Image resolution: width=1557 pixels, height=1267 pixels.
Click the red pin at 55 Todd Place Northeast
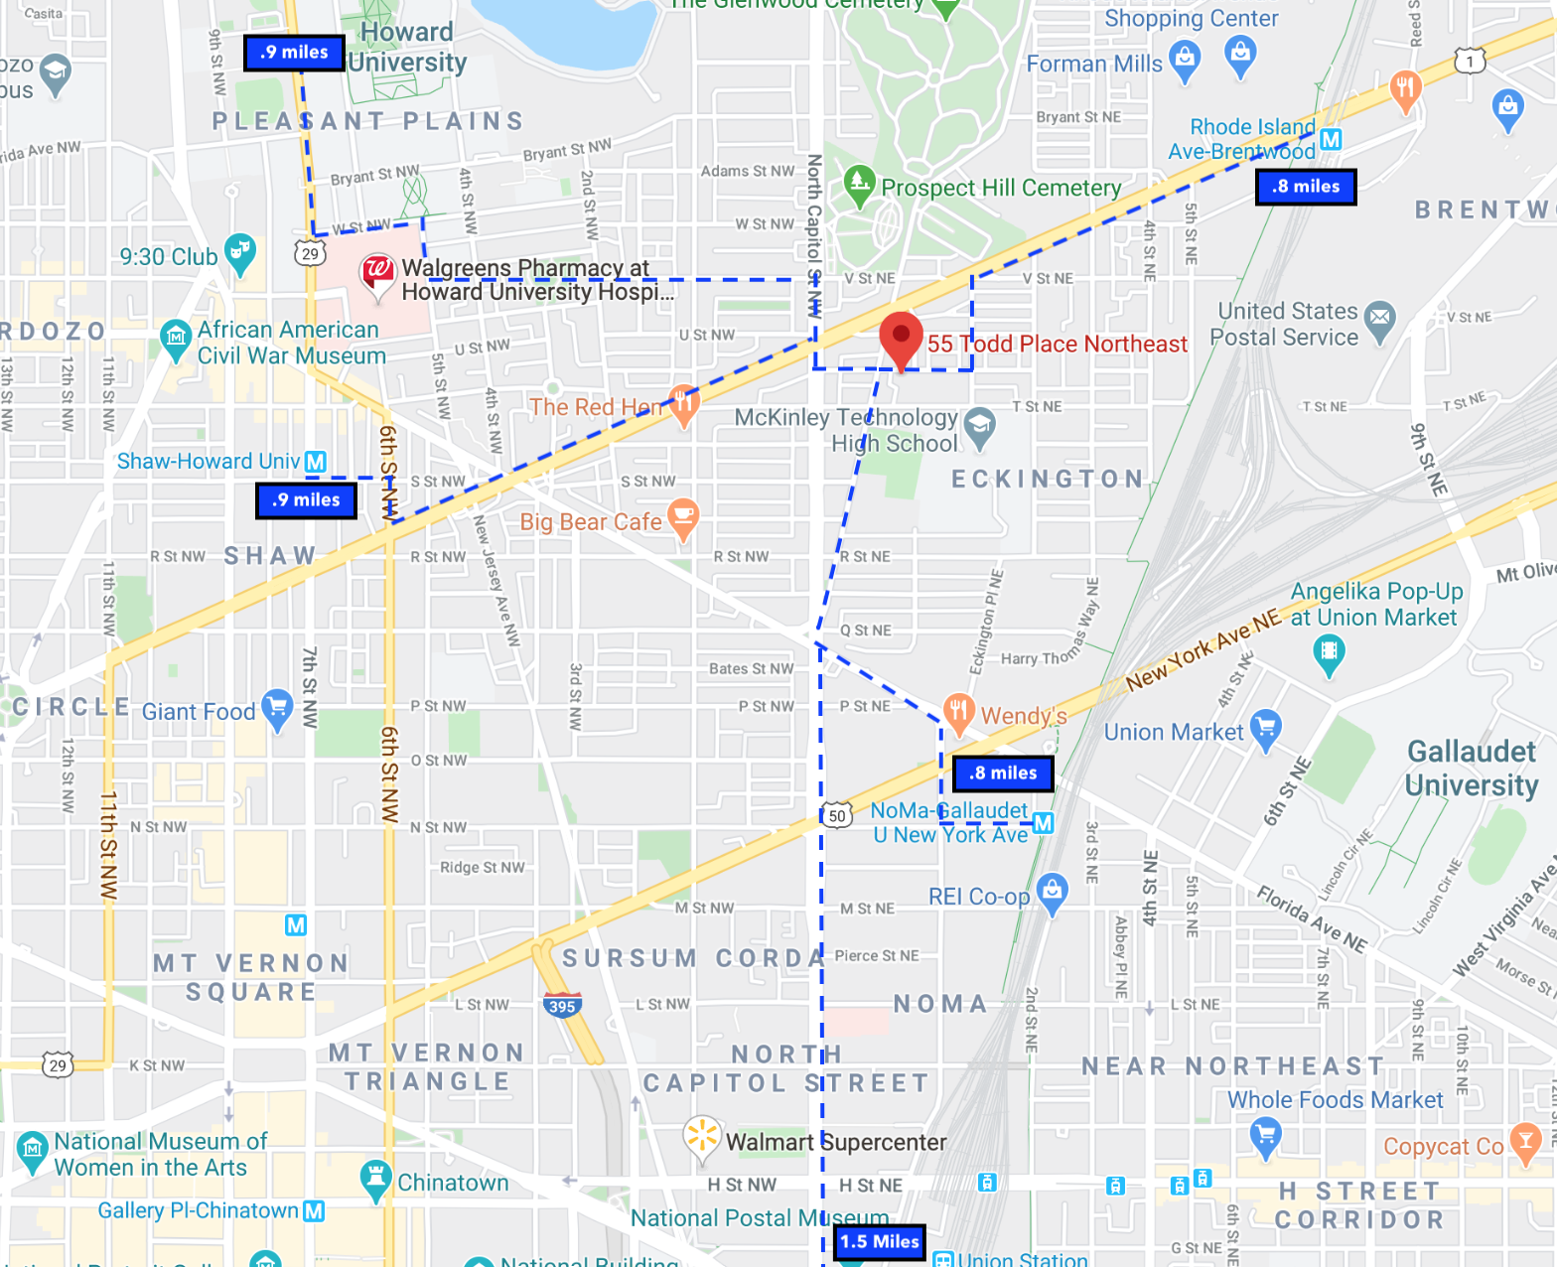901,338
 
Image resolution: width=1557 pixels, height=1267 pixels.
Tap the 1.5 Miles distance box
880,1241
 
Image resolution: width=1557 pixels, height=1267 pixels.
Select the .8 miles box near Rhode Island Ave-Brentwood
1306,187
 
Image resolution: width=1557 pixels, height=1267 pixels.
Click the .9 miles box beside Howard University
294,53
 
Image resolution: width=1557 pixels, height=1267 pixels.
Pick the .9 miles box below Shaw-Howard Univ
306,500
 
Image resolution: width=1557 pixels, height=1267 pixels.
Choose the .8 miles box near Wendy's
1003,774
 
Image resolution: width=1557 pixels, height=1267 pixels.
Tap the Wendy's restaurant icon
958,712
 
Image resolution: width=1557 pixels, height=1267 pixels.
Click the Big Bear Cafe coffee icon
683,516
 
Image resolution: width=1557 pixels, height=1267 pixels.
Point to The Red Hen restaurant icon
683,403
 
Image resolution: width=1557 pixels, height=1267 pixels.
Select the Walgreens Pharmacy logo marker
376,271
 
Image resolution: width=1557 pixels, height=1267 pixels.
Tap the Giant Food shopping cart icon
277,708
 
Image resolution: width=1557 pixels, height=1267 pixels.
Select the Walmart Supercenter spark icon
701,1137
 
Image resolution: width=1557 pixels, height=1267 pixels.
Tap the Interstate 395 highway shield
562,1005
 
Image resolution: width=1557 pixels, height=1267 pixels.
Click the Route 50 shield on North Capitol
838,816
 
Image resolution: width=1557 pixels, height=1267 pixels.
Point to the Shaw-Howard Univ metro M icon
316,462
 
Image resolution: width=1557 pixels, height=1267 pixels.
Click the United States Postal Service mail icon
1379,319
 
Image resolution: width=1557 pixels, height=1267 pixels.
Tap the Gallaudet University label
1472,768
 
